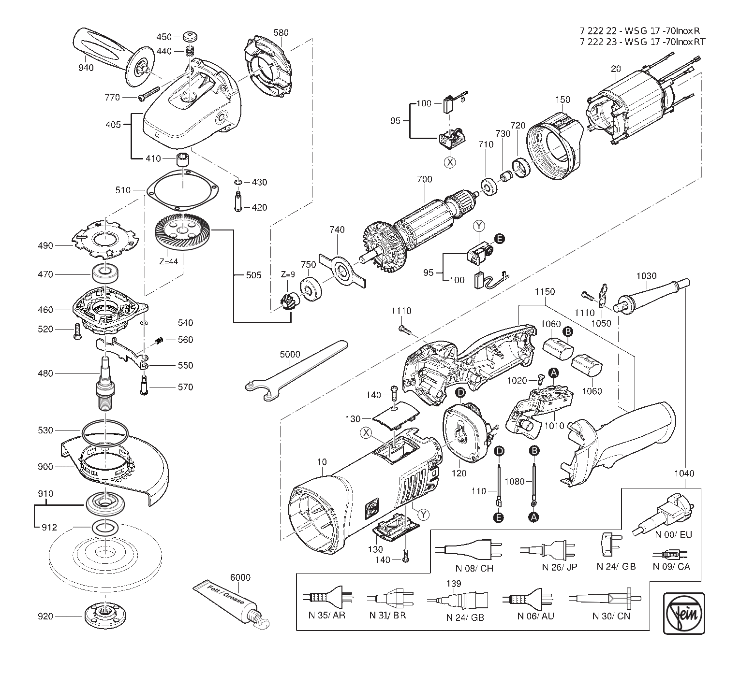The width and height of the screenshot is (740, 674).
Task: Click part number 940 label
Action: (x=86, y=68)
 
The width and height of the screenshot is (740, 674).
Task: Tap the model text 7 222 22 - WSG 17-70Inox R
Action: (x=642, y=30)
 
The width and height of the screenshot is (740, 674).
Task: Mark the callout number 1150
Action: (x=545, y=292)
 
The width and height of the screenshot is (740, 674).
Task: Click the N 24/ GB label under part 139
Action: (x=465, y=617)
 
